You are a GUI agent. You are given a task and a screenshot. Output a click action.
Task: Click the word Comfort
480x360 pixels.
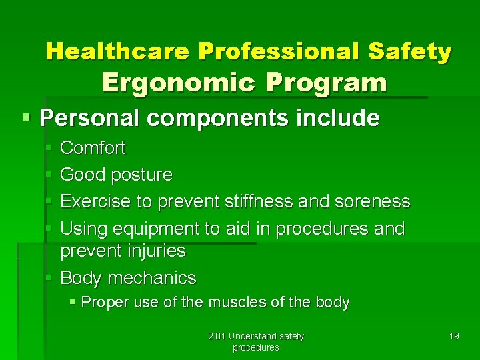[x=93, y=148]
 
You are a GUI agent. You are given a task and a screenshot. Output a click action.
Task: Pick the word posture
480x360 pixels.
[x=141, y=175]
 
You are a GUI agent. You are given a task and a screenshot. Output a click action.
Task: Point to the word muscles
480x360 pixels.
[x=237, y=303]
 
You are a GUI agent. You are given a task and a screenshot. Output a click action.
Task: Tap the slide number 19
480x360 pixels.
[x=453, y=336]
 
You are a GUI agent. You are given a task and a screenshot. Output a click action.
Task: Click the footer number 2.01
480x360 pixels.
[x=217, y=336]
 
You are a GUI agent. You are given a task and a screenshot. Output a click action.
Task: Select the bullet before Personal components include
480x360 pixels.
[x=26, y=118]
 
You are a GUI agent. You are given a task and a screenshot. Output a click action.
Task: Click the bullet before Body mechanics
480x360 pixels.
[x=50, y=277]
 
